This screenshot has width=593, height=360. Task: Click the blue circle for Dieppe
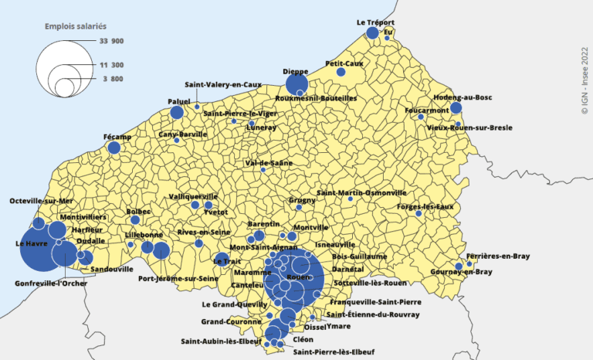click(296, 85)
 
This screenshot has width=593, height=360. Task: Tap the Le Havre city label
click(29, 243)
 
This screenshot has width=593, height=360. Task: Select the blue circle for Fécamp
click(114, 148)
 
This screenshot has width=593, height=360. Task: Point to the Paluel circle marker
click(177, 113)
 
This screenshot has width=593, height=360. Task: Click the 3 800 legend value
click(110, 79)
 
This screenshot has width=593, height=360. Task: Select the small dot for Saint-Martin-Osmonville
click(351, 199)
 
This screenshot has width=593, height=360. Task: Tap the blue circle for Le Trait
click(222, 260)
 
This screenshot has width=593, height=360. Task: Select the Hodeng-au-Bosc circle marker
click(456, 108)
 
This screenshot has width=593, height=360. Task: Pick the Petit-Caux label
click(344, 63)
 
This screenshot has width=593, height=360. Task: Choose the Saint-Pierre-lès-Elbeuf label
click(334, 352)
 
